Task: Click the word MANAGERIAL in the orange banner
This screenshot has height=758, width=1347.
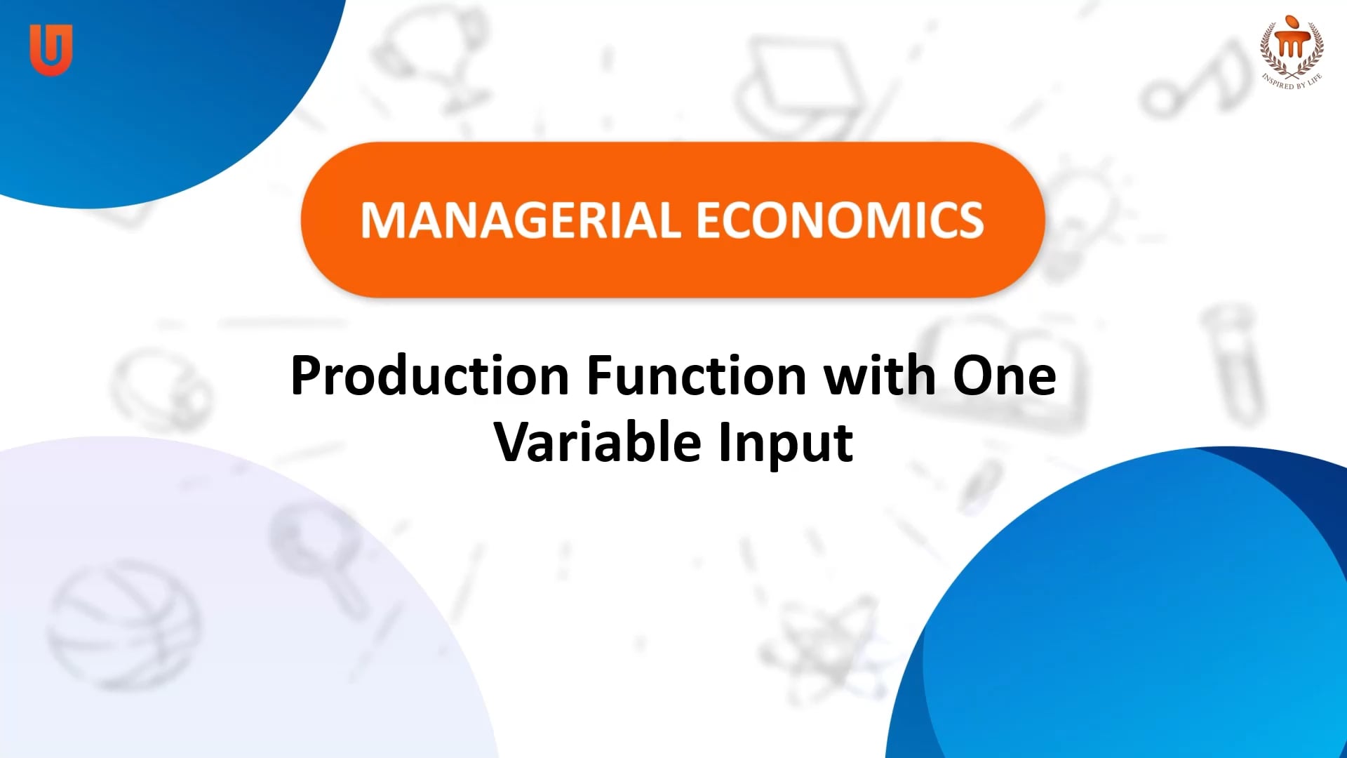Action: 520,221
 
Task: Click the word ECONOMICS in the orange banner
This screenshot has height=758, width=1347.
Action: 840,221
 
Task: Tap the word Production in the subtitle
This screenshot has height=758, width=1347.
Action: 429,377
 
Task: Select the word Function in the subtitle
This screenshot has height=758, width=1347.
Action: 696,377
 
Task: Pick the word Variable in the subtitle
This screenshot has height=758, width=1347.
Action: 598,443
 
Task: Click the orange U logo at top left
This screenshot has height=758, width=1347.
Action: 51,49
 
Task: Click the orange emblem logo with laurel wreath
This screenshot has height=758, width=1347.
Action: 1291,46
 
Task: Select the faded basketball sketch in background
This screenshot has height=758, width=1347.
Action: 123,625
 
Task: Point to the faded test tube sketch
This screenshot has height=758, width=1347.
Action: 1235,365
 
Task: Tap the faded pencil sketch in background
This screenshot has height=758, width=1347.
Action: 982,484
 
